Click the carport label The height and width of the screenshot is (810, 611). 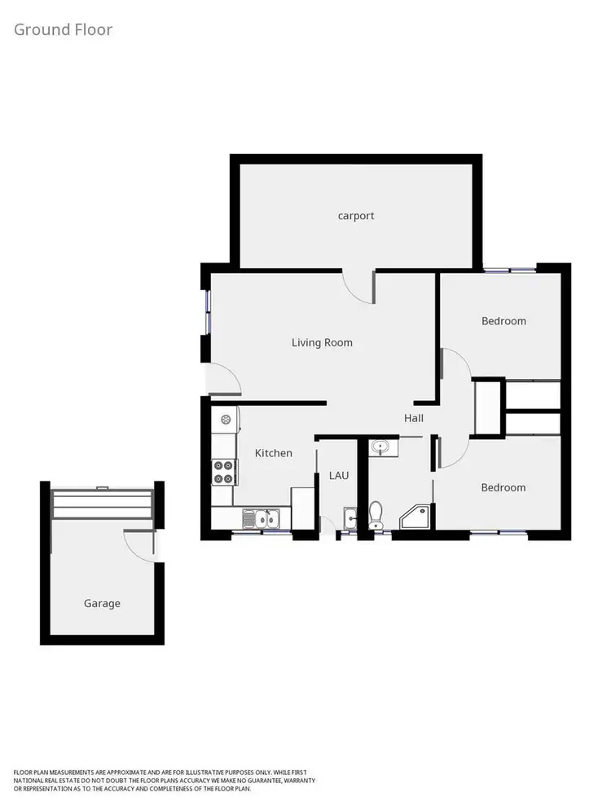tap(356, 216)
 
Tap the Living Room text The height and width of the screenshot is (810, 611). tap(322, 342)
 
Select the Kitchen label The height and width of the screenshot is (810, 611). tap(273, 453)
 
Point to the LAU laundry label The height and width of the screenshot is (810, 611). tap(339, 474)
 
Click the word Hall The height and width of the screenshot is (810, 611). tap(414, 418)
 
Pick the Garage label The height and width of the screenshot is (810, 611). tap(102, 604)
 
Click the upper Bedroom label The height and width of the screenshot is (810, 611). tap(503, 321)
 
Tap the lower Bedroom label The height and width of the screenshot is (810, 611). tap(503, 487)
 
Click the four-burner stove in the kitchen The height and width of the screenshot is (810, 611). tap(223, 472)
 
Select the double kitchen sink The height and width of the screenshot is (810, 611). tap(262, 517)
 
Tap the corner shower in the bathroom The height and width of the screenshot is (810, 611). tap(417, 515)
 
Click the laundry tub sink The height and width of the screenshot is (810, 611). tap(350, 517)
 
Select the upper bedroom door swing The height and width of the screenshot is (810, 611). tap(456, 364)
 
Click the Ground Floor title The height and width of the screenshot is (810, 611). tap(63, 30)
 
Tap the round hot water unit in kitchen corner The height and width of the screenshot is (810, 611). tap(226, 419)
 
